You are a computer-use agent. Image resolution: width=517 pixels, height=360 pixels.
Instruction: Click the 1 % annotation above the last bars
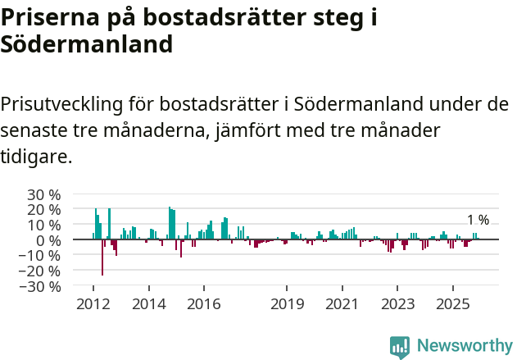(x=478, y=220)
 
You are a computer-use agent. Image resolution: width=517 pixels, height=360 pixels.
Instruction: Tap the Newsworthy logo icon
(x=400, y=346)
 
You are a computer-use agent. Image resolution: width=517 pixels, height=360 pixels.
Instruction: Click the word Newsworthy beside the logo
(x=464, y=346)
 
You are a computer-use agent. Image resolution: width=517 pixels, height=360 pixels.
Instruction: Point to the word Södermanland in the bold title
(x=86, y=44)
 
